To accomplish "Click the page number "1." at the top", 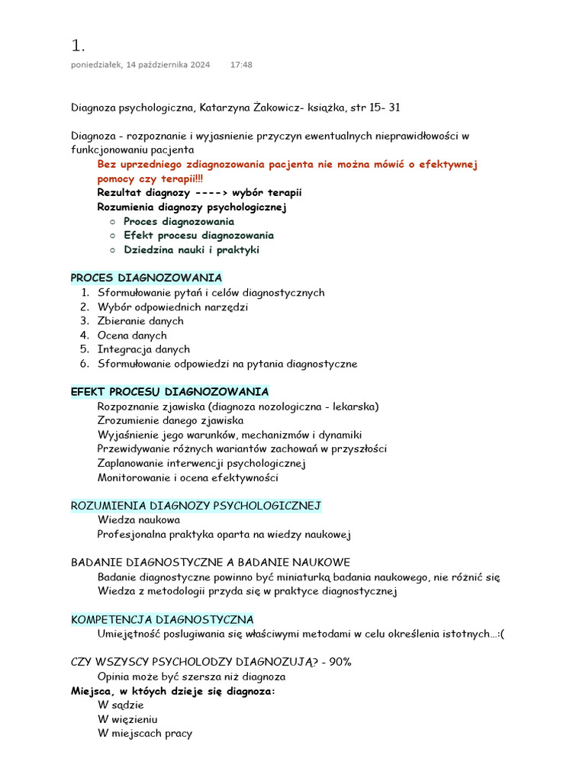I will tap(77, 46).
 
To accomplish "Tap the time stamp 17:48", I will tap(241, 65).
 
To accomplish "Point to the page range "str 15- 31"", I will tap(375, 108).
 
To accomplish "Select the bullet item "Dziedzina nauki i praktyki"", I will tap(192, 250).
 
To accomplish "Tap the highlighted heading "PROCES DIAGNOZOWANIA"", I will tap(146, 278).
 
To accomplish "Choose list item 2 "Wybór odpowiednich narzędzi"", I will tap(172, 307).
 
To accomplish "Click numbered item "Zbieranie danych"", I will tap(140, 321).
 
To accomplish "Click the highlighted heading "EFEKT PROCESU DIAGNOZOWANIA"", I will tap(169, 392).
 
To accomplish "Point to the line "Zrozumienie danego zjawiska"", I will tap(170, 420).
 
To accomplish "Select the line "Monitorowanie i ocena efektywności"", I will tap(188, 477).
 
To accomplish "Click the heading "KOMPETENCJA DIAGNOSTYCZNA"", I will tap(163, 619).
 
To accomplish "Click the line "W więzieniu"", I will tap(127, 719).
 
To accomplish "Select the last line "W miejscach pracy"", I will tap(145, 734).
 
